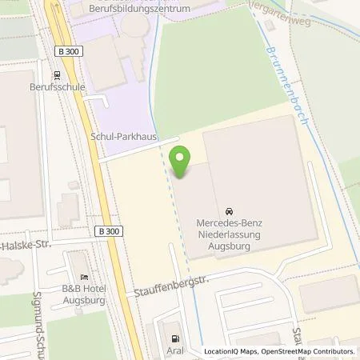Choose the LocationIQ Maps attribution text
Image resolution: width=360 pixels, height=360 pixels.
(233, 351)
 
